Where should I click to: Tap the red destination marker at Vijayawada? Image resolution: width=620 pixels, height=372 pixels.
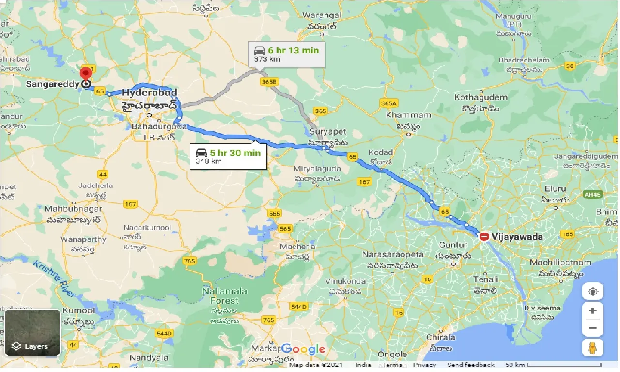(484, 237)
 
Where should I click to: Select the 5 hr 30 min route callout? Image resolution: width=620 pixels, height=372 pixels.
(228, 156)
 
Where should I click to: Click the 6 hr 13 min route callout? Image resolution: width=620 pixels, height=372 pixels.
(286, 54)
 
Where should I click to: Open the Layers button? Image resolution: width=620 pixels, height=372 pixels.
(32, 333)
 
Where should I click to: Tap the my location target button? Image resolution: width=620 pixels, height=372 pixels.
(593, 292)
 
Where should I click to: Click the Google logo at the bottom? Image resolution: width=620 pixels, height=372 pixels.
(303, 349)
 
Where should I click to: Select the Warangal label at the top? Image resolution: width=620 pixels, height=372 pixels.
(322, 15)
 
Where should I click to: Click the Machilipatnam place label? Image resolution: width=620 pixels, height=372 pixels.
(560, 263)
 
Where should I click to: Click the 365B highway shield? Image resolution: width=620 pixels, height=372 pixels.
(269, 82)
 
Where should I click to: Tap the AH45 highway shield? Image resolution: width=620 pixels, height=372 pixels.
(592, 195)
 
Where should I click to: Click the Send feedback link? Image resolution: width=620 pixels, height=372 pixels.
(471, 365)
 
